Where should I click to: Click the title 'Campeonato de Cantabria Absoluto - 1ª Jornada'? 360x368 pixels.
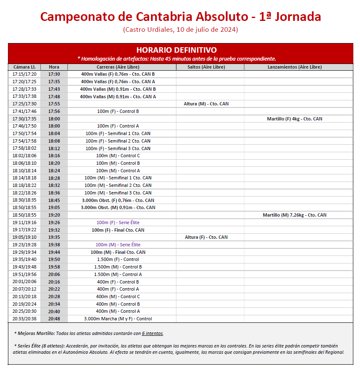tap(180, 17)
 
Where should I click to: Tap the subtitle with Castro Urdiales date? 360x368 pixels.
tap(180, 30)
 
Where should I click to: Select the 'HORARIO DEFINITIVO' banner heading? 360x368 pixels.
tap(176, 50)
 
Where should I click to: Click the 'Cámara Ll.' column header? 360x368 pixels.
tap(24, 67)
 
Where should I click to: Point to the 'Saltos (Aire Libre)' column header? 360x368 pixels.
tap(207, 67)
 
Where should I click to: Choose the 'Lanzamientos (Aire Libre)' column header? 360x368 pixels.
tap(294, 67)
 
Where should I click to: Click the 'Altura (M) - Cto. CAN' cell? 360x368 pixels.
tap(206, 104)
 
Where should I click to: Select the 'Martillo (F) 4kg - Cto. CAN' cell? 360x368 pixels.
tap(294, 119)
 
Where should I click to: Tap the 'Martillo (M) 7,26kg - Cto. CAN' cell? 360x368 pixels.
tap(294, 215)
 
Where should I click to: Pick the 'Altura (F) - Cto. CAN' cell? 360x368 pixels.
tap(206, 237)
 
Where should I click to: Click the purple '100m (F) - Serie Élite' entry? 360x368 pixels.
tap(118, 222)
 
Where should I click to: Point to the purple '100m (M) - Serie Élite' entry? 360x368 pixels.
tap(118, 245)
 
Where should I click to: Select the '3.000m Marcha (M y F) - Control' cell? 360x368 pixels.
tap(118, 319)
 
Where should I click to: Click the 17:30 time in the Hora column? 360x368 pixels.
tap(54, 74)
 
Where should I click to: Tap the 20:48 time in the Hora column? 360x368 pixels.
tap(54, 319)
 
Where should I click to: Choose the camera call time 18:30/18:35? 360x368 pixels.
tap(24, 200)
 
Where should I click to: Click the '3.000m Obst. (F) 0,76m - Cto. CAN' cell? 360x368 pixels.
tap(118, 200)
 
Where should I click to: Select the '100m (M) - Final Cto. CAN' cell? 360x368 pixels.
tap(118, 252)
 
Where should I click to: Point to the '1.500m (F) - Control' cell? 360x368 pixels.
tap(118, 259)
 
